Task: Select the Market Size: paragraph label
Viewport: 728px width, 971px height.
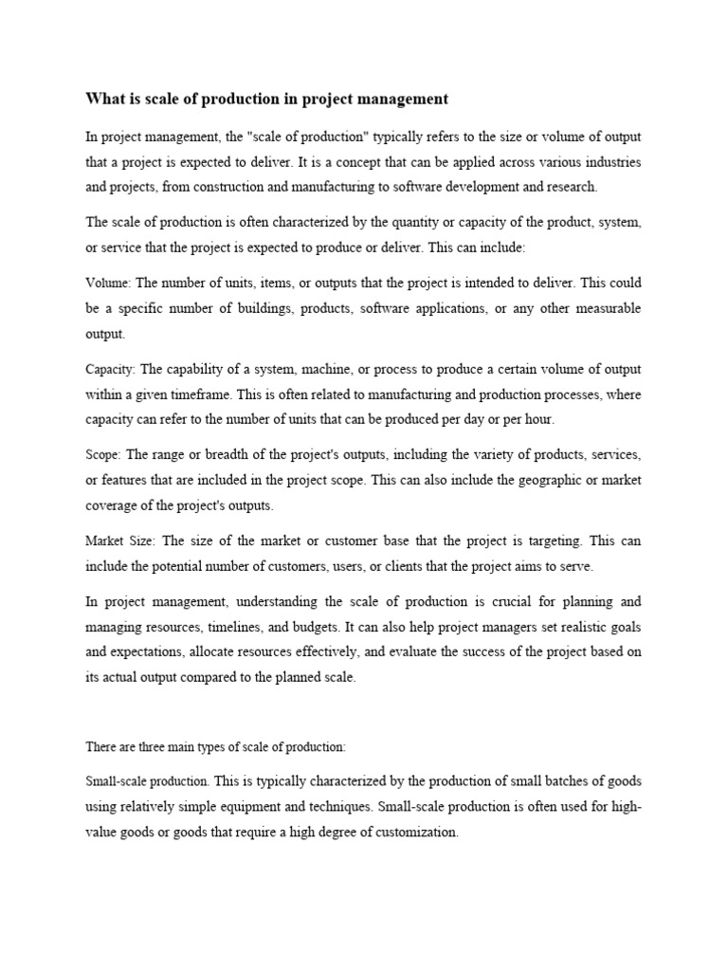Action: [x=120, y=541]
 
